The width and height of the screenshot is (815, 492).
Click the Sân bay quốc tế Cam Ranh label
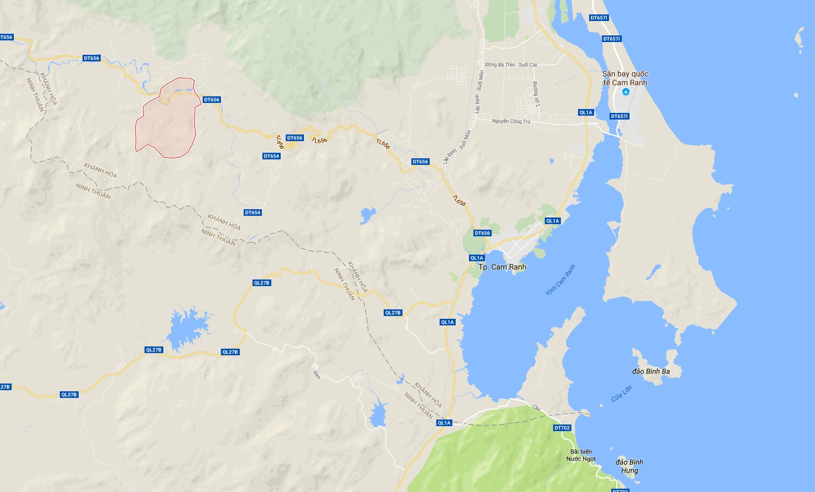pos(625,78)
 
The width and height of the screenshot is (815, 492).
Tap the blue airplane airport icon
pos(626,92)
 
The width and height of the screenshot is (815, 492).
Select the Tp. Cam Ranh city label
pos(502,267)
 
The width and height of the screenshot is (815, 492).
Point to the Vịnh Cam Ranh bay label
pos(560,279)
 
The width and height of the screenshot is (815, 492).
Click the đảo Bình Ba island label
pos(651,371)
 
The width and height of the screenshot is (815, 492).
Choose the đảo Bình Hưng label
pos(630,466)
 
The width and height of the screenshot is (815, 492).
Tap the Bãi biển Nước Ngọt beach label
pos(581,455)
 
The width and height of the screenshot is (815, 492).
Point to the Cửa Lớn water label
pos(621,393)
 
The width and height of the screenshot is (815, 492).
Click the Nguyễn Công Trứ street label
pos(510,121)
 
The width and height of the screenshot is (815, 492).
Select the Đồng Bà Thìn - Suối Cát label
pos(510,65)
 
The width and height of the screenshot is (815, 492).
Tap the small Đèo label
pos(317,374)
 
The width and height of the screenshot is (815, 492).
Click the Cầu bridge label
pos(536,407)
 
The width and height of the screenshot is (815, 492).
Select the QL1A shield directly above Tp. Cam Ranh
pos(477,258)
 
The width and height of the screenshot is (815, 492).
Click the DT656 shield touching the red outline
pos(212,100)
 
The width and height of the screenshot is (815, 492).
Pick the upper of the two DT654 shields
pos(271,156)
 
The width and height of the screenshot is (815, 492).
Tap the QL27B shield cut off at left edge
pos(4,387)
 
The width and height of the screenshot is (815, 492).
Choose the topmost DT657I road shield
pos(599,18)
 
